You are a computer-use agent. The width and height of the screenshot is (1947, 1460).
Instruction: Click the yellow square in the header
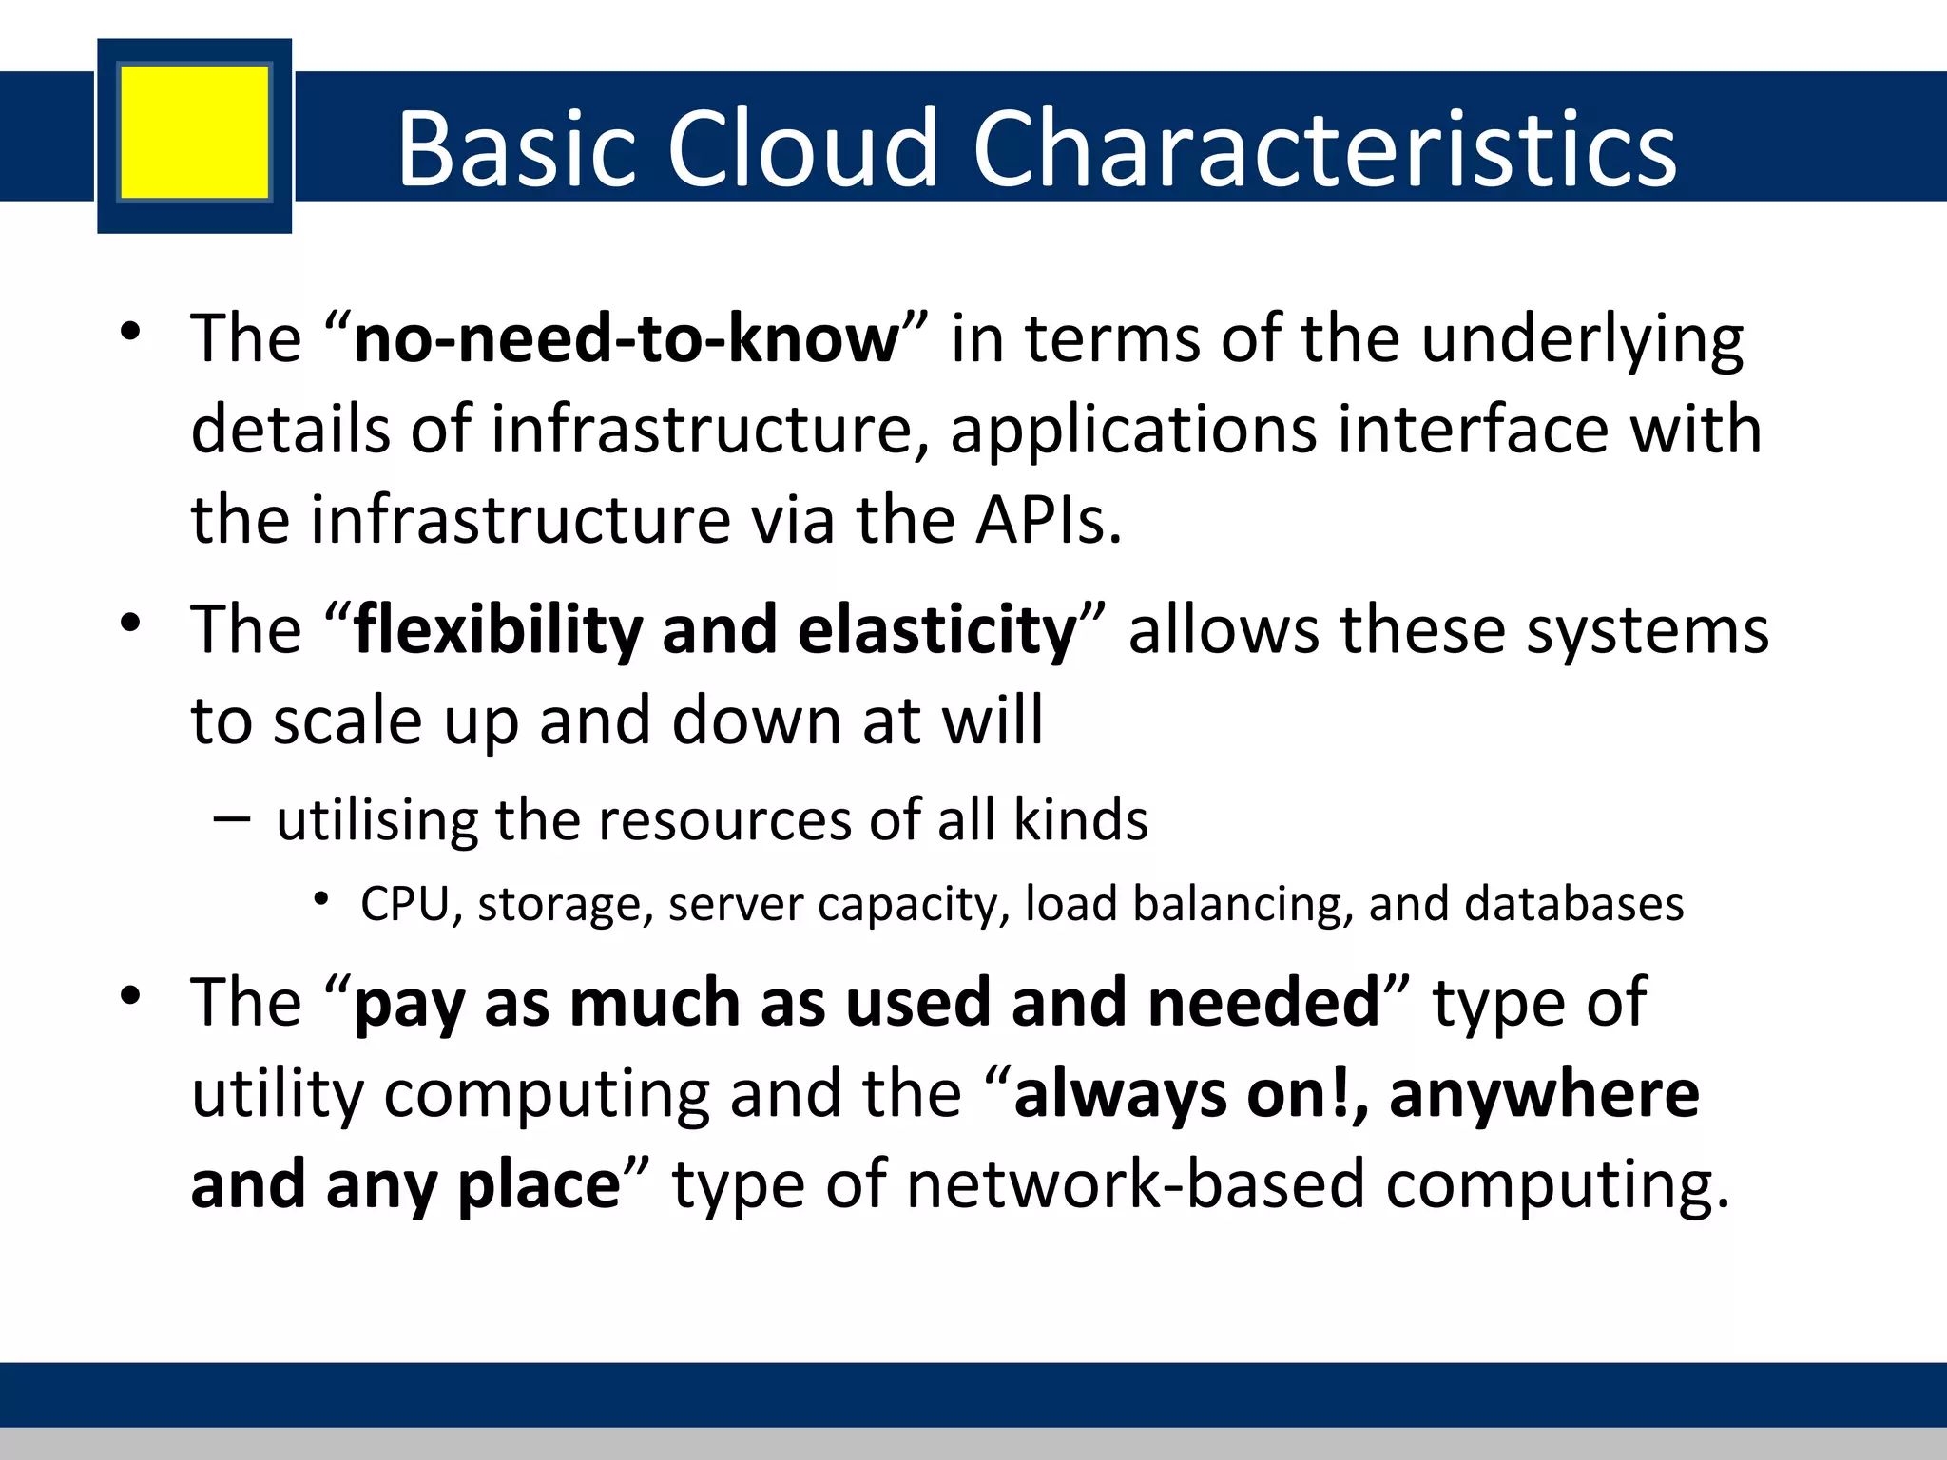194,132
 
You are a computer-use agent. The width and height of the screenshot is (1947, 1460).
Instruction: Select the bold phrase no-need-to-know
626,339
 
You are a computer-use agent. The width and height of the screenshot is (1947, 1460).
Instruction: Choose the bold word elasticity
936,631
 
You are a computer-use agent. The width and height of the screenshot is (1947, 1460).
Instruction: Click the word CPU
404,904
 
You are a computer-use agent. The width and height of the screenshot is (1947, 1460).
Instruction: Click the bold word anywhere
1544,1095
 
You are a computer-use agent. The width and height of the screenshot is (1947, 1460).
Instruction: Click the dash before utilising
232,819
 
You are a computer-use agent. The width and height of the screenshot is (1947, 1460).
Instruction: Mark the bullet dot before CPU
322,899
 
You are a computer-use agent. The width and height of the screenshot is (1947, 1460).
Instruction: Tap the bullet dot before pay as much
131,996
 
